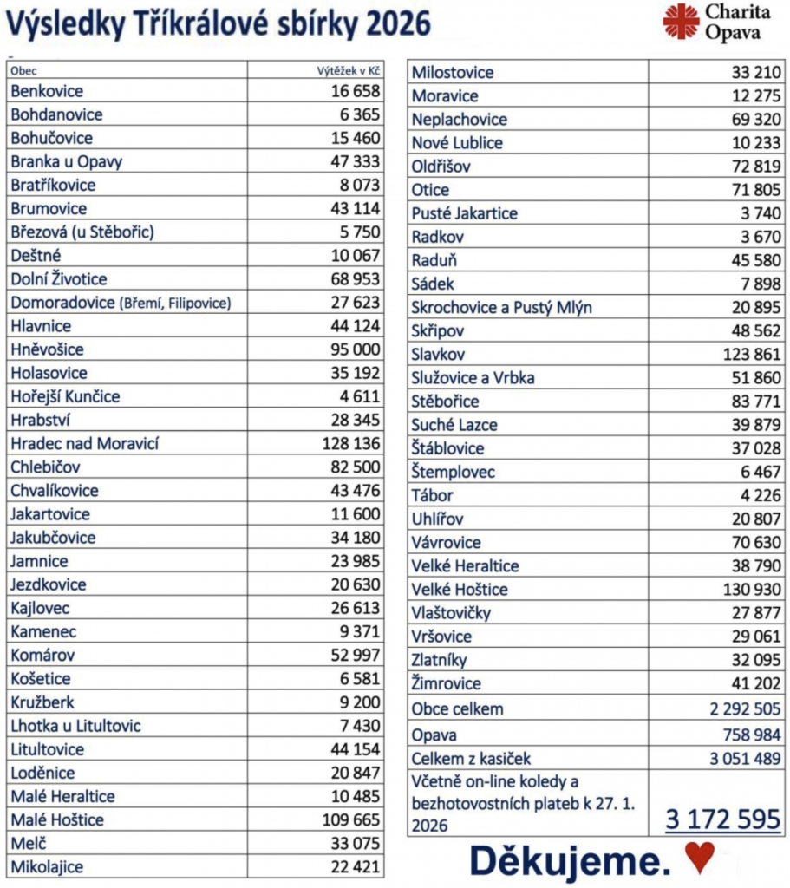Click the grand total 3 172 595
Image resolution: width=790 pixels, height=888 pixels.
[723, 819]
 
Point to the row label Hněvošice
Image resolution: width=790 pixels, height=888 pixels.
[48, 349]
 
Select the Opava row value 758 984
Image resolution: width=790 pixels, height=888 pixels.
[747, 735]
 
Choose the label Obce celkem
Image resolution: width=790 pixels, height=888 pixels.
[457, 709]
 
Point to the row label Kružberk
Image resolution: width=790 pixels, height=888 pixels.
[44, 702]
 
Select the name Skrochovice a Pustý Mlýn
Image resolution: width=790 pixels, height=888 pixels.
[502, 308]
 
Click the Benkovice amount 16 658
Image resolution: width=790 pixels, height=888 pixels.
[355, 91]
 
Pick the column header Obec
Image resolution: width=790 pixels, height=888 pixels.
[23, 70]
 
